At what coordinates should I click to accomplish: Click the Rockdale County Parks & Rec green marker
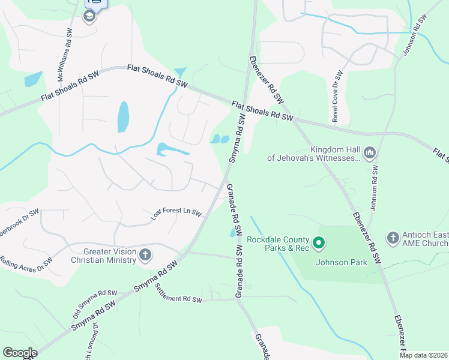[319, 243]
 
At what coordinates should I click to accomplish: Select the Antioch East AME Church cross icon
[393, 238]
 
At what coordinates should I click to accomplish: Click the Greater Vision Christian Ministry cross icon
[145, 256]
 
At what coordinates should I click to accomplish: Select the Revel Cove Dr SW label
[338, 97]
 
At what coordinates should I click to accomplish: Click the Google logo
[20, 353]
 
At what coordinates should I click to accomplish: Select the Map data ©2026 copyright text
[424, 355]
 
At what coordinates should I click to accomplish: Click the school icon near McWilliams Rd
[89, 16]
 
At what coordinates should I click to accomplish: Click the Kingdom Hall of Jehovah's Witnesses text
[315, 154]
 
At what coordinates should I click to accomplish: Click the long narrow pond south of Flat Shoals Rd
[123, 116]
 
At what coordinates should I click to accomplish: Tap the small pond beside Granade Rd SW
[233, 233]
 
